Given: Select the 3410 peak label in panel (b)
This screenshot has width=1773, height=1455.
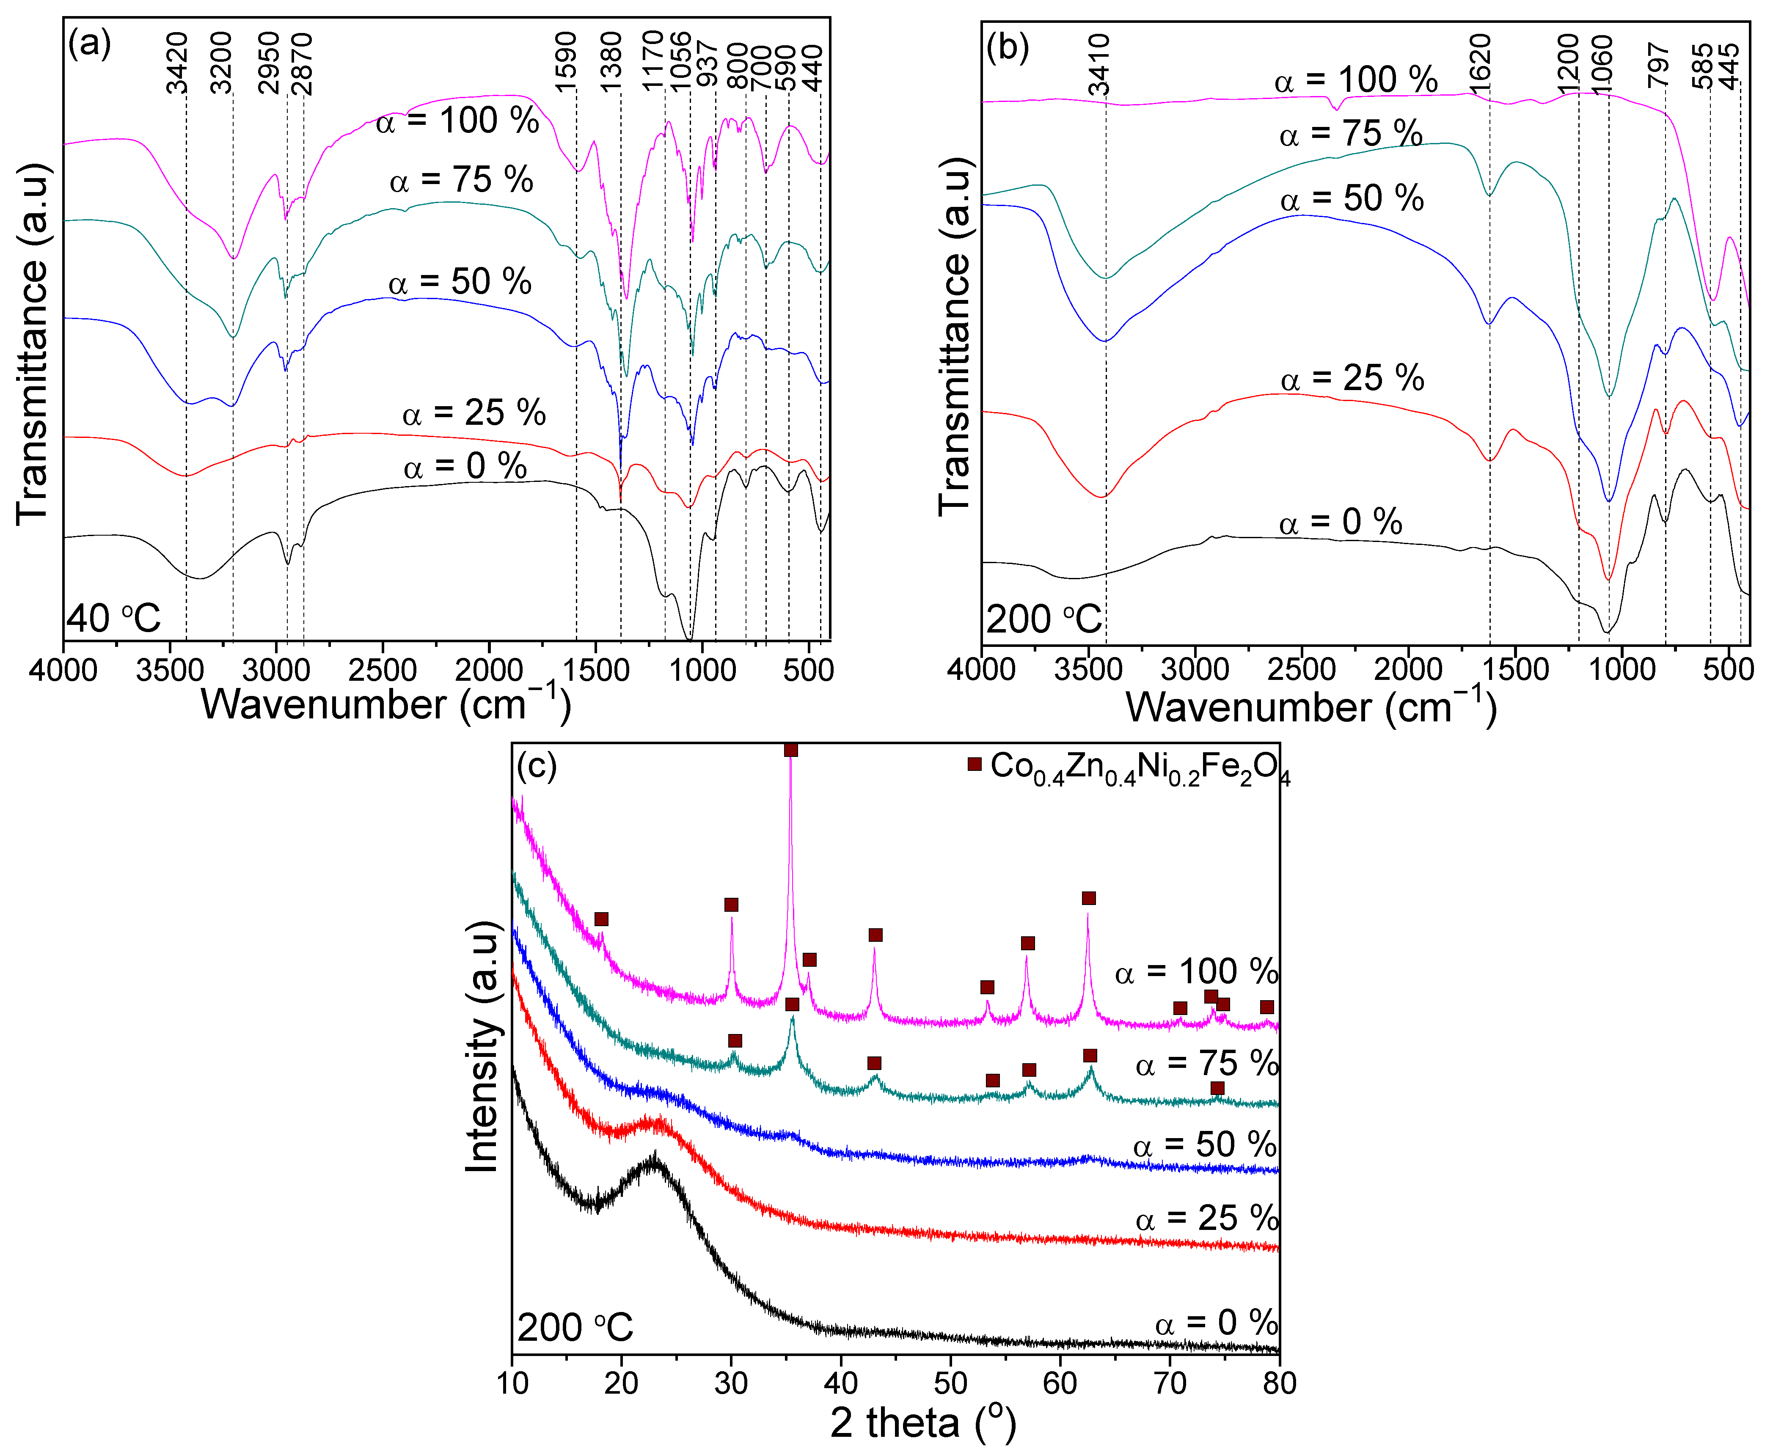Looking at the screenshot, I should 1099,66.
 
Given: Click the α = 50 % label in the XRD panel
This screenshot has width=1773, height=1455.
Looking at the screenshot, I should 1205,1145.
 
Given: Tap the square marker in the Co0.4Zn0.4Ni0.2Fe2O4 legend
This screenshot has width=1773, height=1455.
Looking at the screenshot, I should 974,765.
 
